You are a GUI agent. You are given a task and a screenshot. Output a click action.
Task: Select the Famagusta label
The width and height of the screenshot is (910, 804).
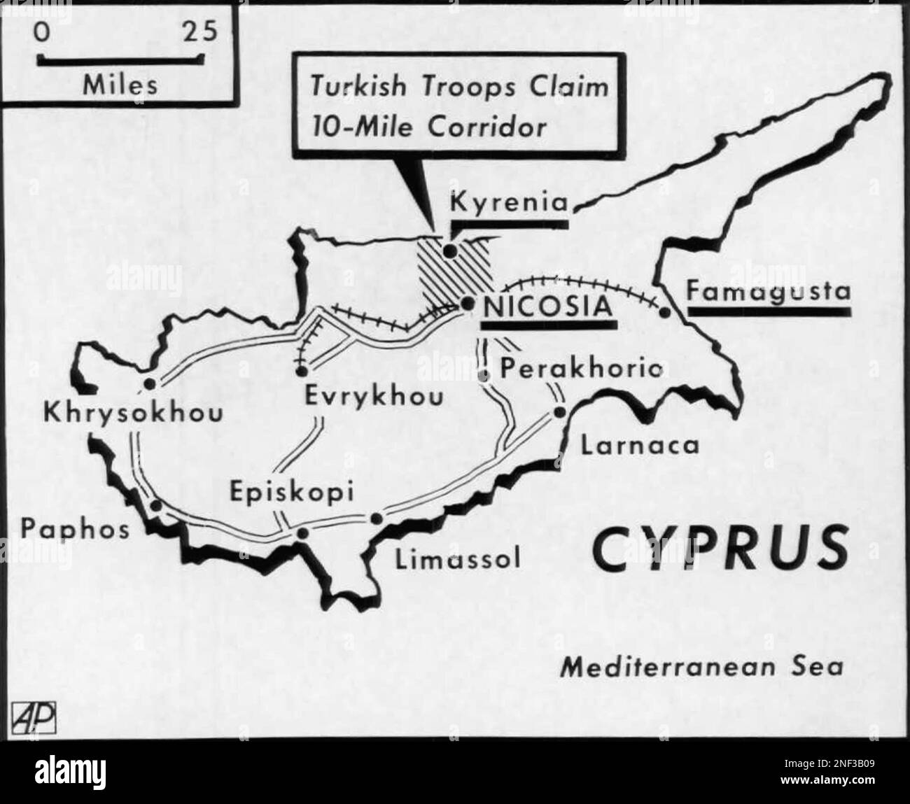768,290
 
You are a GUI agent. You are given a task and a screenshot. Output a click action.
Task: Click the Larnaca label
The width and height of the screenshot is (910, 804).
640,445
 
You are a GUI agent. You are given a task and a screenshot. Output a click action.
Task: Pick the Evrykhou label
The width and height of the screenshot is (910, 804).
374,397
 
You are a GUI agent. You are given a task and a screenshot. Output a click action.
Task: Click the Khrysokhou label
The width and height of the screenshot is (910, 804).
133,413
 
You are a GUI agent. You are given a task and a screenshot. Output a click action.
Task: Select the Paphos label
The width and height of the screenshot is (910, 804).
75,529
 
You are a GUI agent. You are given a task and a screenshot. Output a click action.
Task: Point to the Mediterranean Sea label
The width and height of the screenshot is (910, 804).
702,666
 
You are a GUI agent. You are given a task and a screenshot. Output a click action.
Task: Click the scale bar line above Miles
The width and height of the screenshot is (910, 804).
120,62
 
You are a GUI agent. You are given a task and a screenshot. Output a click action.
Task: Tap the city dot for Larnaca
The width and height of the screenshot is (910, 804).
559,412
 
